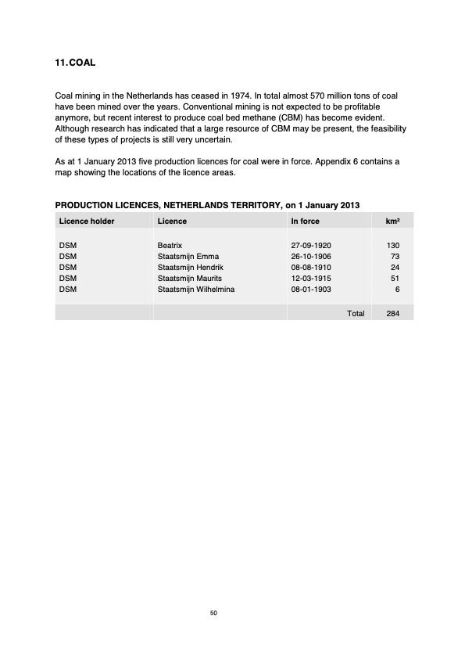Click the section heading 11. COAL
pos(74,61)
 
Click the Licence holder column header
pos(87,221)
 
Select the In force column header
pos(305,221)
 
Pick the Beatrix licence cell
pos(170,246)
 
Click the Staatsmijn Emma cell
pos(188,257)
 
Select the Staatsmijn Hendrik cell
pos(191,268)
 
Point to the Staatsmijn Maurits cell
pos(190,279)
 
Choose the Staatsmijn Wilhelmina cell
pos(195,290)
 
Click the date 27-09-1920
pos(311,246)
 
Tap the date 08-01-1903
pos(311,290)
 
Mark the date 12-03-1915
pos(311,279)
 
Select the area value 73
pos(395,257)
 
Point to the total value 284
pos(393,313)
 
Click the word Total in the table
pos(356,313)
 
